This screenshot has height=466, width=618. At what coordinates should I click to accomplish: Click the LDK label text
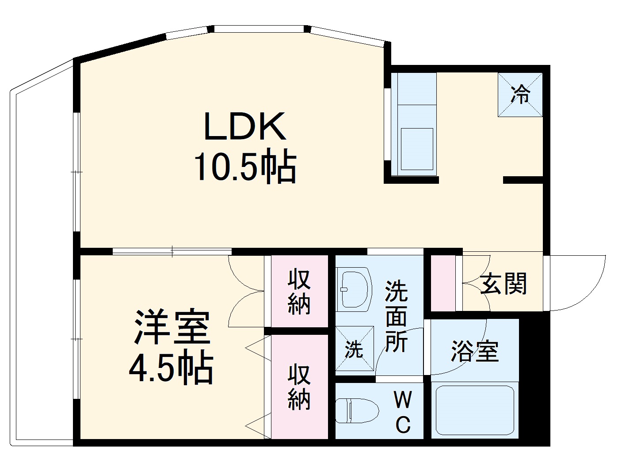[x=244, y=127]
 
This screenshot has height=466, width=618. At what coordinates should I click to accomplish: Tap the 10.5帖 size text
[x=244, y=167]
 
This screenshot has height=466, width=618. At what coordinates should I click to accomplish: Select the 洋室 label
[x=172, y=328]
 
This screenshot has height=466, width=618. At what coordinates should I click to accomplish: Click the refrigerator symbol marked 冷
[x=520, y=95]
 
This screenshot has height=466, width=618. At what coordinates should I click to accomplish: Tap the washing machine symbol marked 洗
[x=354, y=349]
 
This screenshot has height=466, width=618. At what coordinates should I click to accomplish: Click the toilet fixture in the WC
[x=356, y=411]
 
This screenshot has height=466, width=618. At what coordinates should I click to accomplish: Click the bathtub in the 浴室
[x=475, y=411]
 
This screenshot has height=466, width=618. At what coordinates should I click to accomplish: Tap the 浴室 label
[x=474, y=351]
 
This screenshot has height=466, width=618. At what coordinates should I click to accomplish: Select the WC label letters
[x=402, y=413]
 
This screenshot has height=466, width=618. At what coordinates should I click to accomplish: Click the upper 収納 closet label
[x=299, y=292]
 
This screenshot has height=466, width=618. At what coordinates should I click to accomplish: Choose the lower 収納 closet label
[x=299, y=387]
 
